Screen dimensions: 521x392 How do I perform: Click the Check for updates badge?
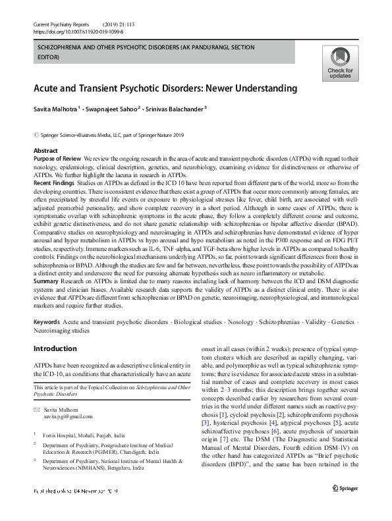pos(339,65)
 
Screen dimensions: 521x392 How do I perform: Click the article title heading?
pos(165,88)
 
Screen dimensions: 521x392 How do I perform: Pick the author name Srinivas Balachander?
pos(181,109)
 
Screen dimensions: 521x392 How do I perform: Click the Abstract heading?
pos(45,151)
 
